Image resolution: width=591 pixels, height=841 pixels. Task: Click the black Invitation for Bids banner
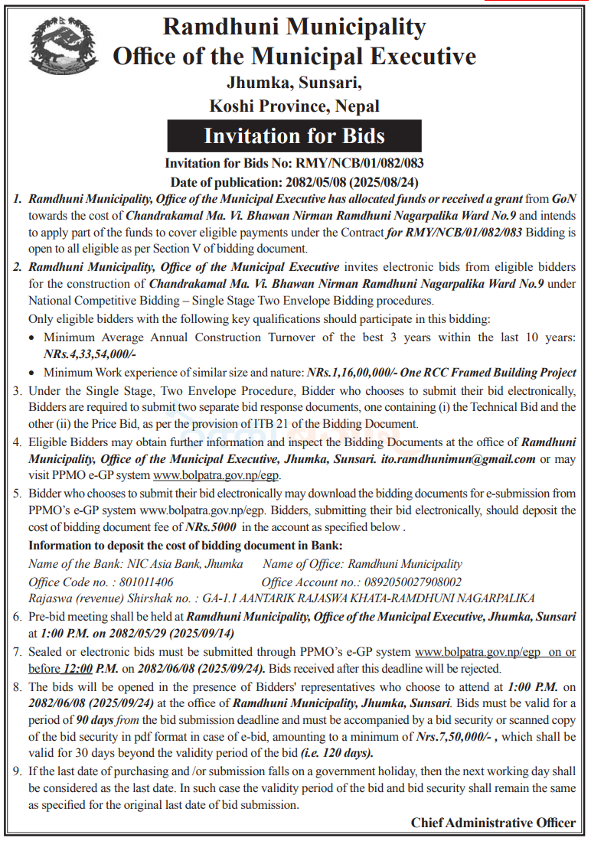(x=294, y=137)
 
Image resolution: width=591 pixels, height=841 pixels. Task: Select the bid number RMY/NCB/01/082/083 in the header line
(x=363, y=163)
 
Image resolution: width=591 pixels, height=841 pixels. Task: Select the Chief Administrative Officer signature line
(x=492, y=823)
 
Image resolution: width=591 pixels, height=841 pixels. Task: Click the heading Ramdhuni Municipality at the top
(x=294, y=28)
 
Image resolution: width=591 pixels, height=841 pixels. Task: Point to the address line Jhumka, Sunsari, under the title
(x=294, y=82)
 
